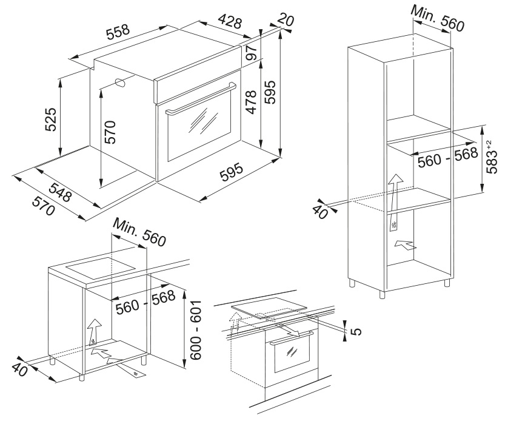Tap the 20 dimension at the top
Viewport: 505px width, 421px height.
click(287, 20)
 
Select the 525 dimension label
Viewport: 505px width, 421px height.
click(51, 120)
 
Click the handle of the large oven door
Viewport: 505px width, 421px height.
click(200, 99)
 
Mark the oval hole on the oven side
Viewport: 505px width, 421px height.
click(119, 83)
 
